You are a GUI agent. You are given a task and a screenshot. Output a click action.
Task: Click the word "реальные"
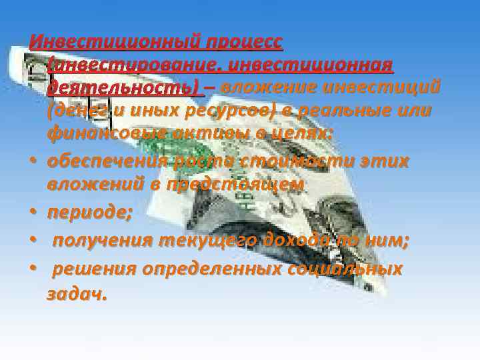tap(352, 111)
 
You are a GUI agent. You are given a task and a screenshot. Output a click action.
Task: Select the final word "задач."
tap(76, 293)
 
